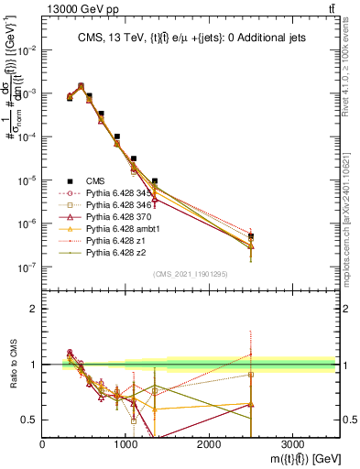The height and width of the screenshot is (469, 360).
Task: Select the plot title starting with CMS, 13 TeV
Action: pos(191,38)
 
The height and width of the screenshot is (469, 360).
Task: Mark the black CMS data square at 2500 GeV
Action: pos(250,236)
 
